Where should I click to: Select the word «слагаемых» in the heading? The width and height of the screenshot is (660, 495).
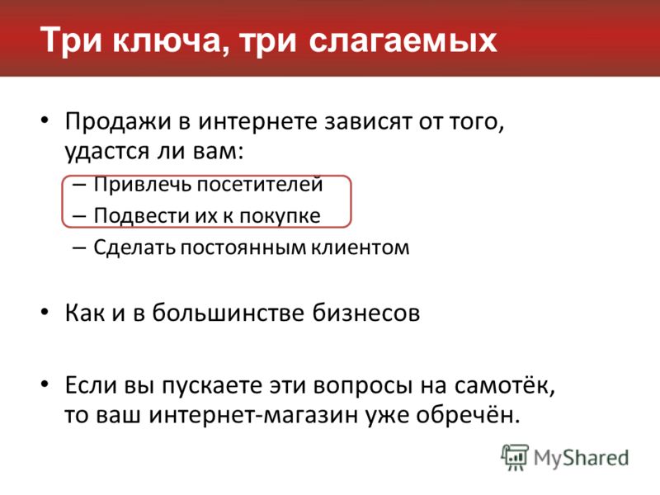coord(403,40)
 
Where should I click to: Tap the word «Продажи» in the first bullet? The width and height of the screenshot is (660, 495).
coord(118,122)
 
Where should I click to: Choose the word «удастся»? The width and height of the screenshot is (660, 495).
coord(107,151)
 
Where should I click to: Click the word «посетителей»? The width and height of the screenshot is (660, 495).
coord(260,184)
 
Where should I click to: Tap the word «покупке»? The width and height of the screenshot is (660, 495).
coord(280,216)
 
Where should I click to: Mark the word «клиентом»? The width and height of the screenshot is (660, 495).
coord(361,247)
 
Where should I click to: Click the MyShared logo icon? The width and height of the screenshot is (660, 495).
coord(515,458)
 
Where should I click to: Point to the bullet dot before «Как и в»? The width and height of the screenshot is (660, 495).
coord(45,313)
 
